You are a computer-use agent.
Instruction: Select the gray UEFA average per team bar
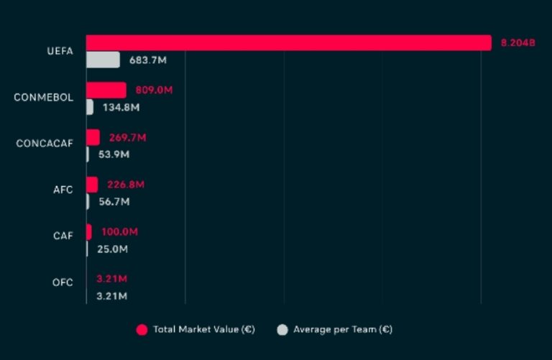coord(103,60)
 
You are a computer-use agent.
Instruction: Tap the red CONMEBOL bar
coord(106,90)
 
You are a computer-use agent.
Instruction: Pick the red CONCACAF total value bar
coord(93,137)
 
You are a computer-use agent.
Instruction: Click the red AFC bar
coord(92,185)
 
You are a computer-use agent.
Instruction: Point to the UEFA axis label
coord(60,52)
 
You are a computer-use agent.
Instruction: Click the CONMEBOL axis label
coord(43,98)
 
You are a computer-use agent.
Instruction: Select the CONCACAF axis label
coord(45,144)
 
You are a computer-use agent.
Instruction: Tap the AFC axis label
coord(63,190)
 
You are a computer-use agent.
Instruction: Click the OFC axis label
coord(63,282)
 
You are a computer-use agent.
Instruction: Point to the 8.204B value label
coord(517,43)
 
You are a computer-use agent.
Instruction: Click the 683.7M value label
coord(147,60)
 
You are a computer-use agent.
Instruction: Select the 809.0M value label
coord(154,91)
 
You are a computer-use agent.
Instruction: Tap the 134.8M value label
coord(120,108)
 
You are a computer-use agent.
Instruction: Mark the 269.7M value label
coord(127,137)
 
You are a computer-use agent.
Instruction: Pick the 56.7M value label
coord(114,202)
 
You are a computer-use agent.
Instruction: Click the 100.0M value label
coord(118,232)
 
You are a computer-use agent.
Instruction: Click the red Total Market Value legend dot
coord(142,330)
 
